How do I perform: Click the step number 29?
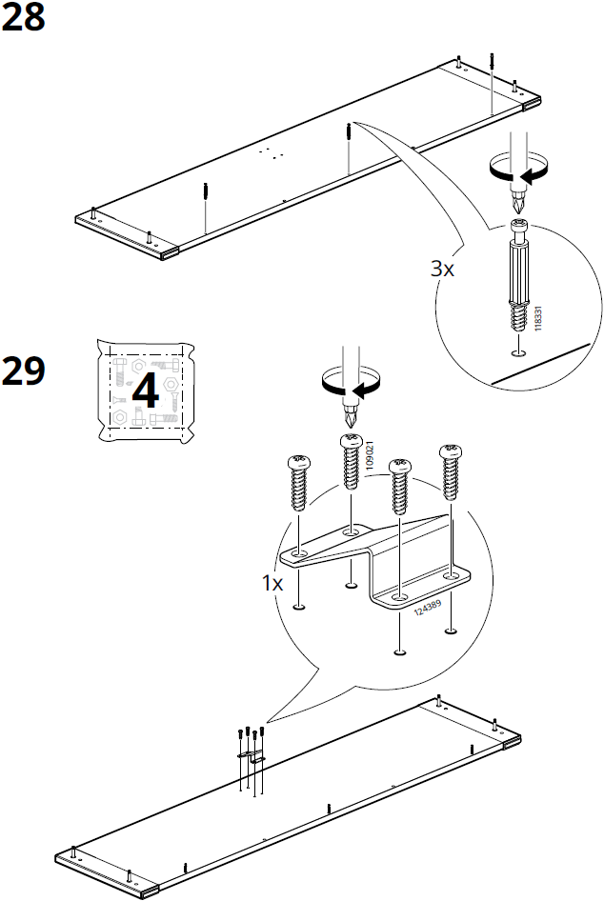coord(24,371)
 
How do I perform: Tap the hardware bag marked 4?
coord(145,390)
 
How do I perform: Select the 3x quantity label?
coord(442,269)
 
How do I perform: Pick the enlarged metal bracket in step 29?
coord(376,567)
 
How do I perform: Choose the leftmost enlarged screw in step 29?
coord(295,483)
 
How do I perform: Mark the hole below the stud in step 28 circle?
coord(517,352)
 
